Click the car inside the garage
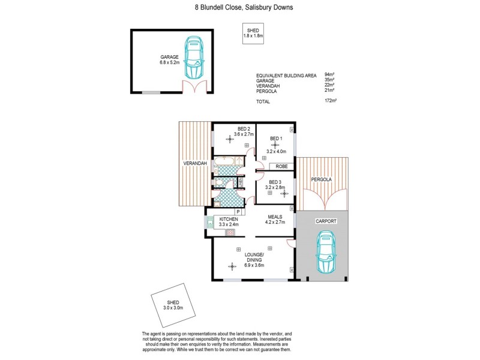pos(194,58)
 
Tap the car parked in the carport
pos(326,255)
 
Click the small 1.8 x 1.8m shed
pos(253,33)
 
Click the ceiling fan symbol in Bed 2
pos(230,140)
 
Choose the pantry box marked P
pos(238,212)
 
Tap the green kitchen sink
pos(210,223)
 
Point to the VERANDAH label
pos(196,164)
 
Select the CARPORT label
pos(326,221)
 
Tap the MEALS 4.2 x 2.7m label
pos(274,220)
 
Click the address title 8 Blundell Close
pos(239,8)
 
